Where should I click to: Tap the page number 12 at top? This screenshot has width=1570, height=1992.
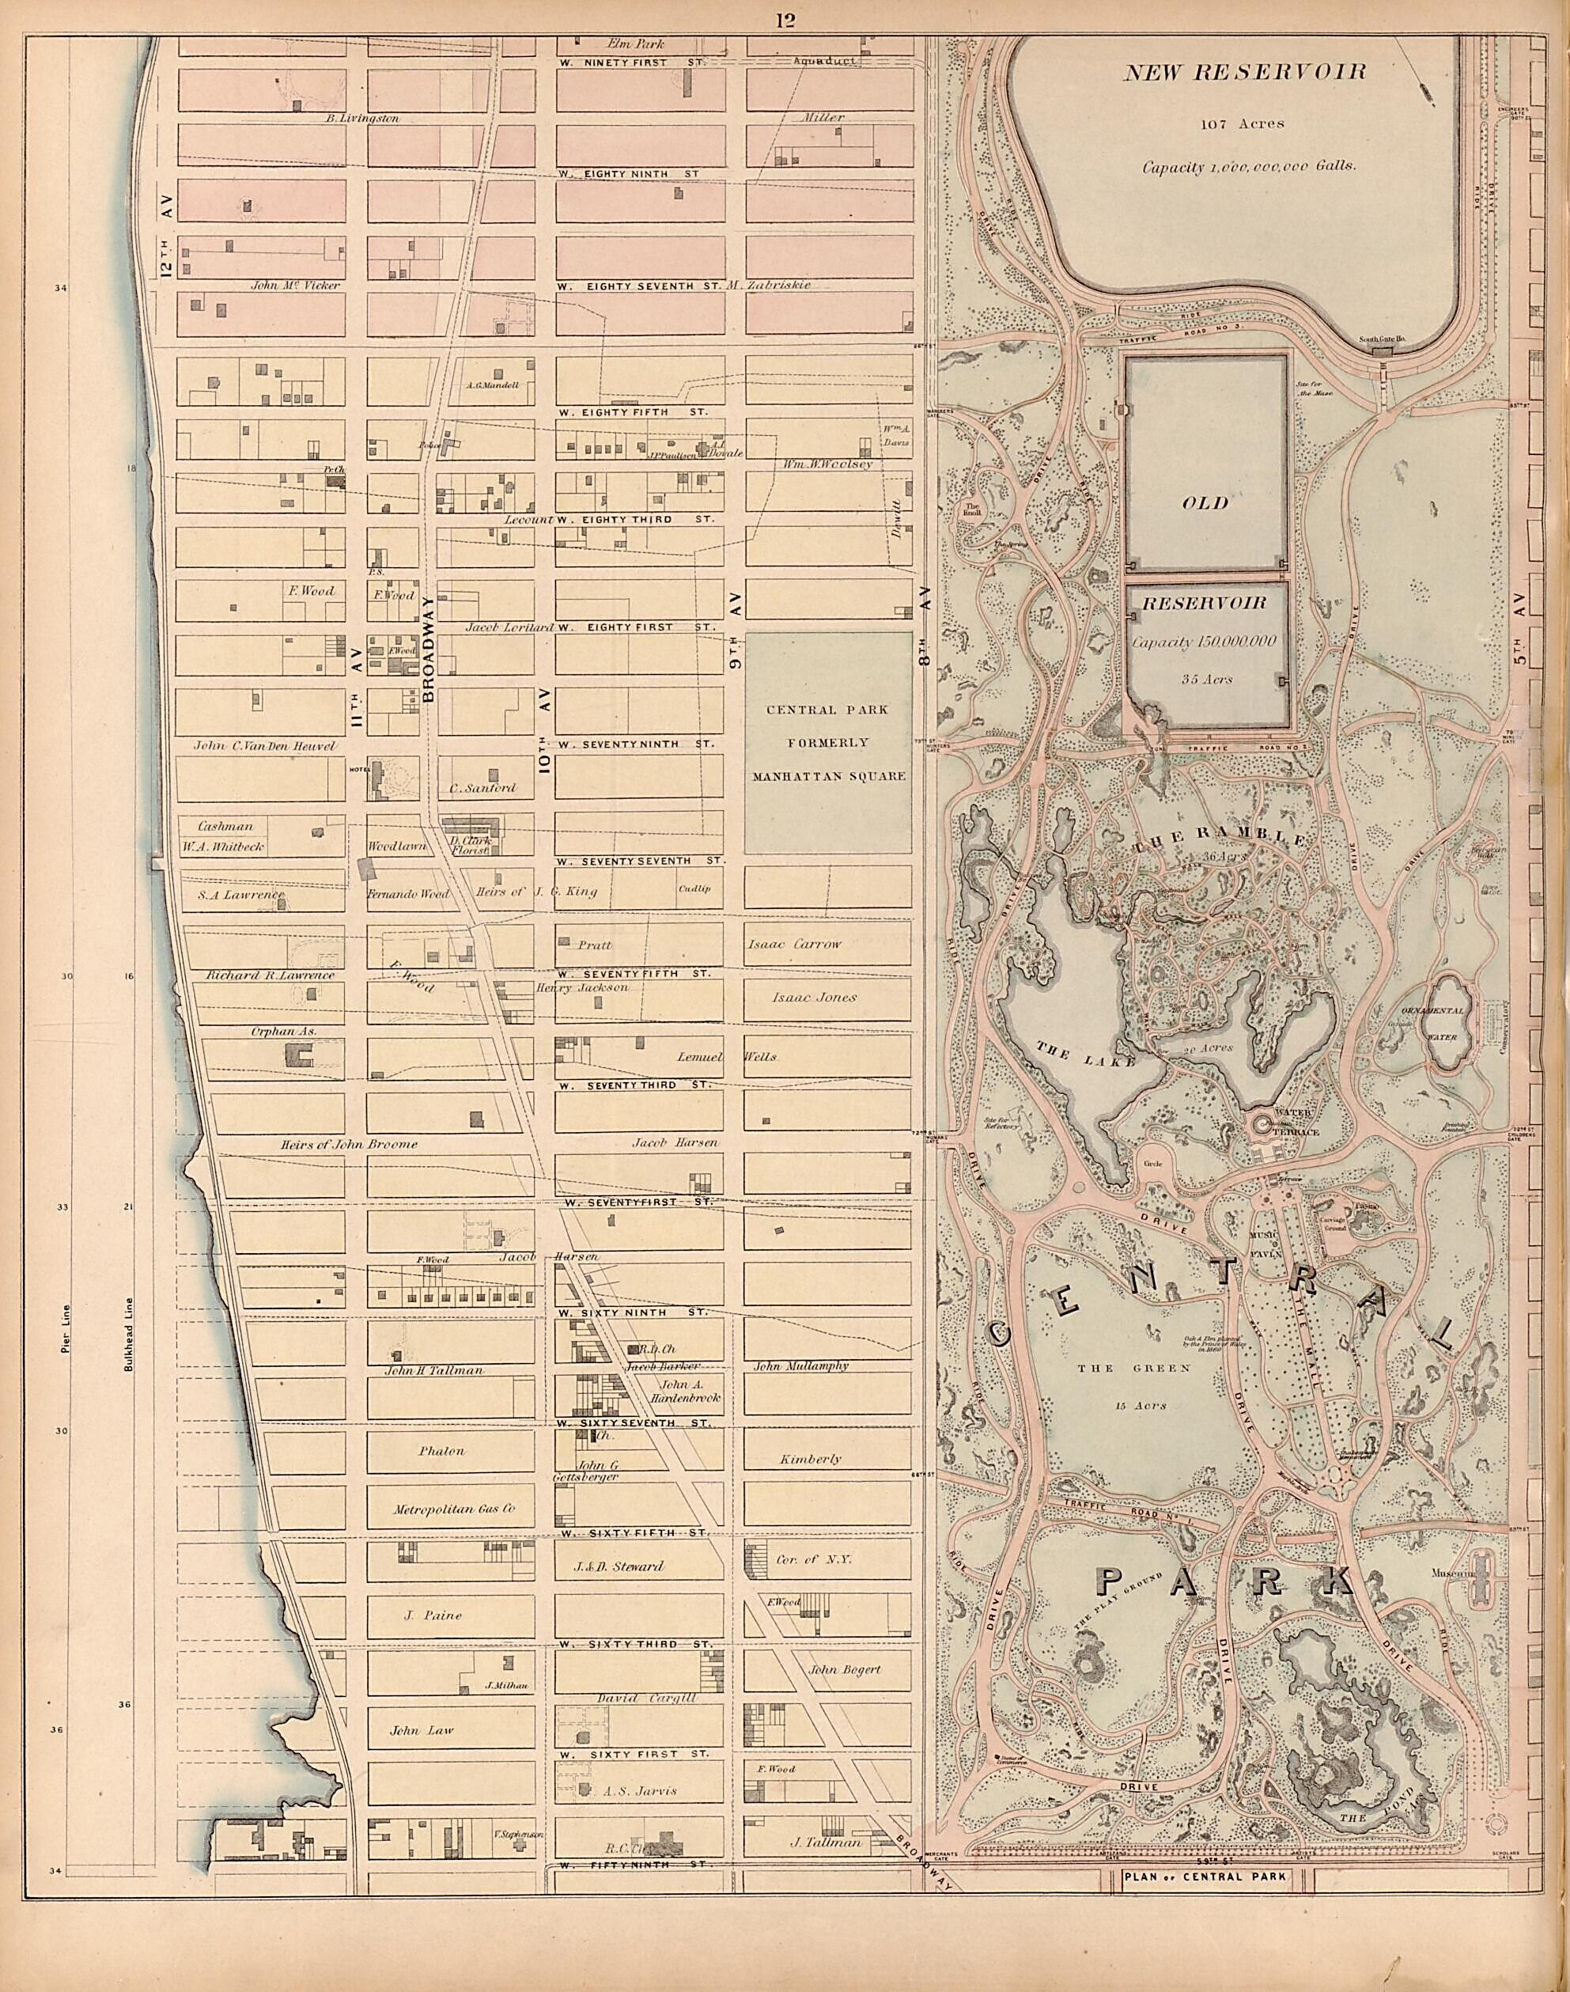tap(785, 21)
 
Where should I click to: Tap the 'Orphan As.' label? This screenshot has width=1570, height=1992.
tap(283, 1032)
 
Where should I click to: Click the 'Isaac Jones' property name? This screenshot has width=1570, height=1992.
tap(814, 997)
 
